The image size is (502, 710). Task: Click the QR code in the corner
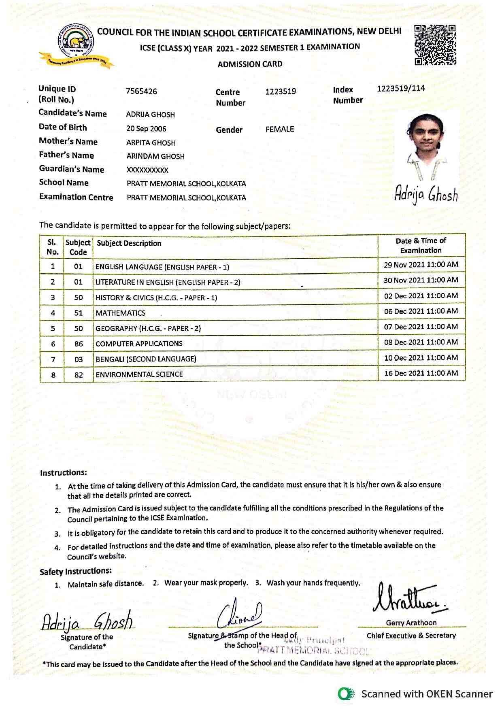[435, 45]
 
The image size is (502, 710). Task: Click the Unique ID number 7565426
[141, 91]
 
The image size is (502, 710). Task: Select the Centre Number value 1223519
[281, 91]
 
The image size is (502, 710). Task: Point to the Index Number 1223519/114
[401, 89]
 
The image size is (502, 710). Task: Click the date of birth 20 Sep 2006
[146, 129]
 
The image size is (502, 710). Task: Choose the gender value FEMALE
[280, 130]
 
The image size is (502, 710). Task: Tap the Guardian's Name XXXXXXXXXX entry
[147, 170]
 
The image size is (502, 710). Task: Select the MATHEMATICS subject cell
[121, 313]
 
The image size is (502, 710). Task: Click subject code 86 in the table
[79, 344]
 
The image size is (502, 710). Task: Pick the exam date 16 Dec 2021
[421, 373]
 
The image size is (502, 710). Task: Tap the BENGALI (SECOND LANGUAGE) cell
[146, 359]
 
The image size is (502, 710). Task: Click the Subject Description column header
[129, 243]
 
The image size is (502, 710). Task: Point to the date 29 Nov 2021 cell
[421, 265]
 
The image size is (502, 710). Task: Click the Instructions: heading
[64, 472]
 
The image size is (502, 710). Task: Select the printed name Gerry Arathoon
[411, 623]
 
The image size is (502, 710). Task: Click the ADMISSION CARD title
[250, 64]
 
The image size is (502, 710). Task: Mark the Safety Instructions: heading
[75, 571]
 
